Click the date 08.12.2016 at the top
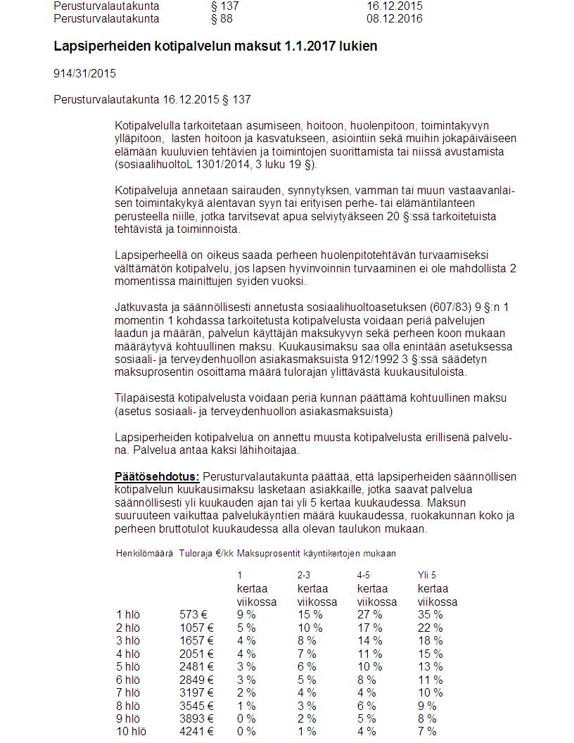pos(394,19)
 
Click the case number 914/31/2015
pos(85,73)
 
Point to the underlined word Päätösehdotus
pos(157,477)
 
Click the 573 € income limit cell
pos(193,615)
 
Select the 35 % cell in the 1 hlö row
pos(430,615)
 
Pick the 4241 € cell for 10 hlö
pos(196,732)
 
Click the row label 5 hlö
pos(128,667)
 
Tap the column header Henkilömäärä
pos(144,554)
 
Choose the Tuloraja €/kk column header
pos(205,554)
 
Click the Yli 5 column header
pos(427,575)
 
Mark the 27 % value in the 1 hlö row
pos(370,615)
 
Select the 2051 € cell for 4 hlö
pos(196,654)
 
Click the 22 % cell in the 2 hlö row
pos(430,628)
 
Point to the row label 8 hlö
pos(128,706)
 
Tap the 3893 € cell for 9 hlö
pos(196,719)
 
